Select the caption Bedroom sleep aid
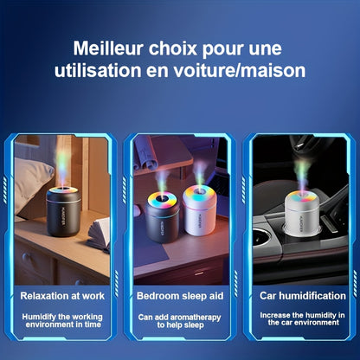pos(179,296)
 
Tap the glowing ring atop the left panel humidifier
pos(64,191)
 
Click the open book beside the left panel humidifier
pos(99,234)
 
